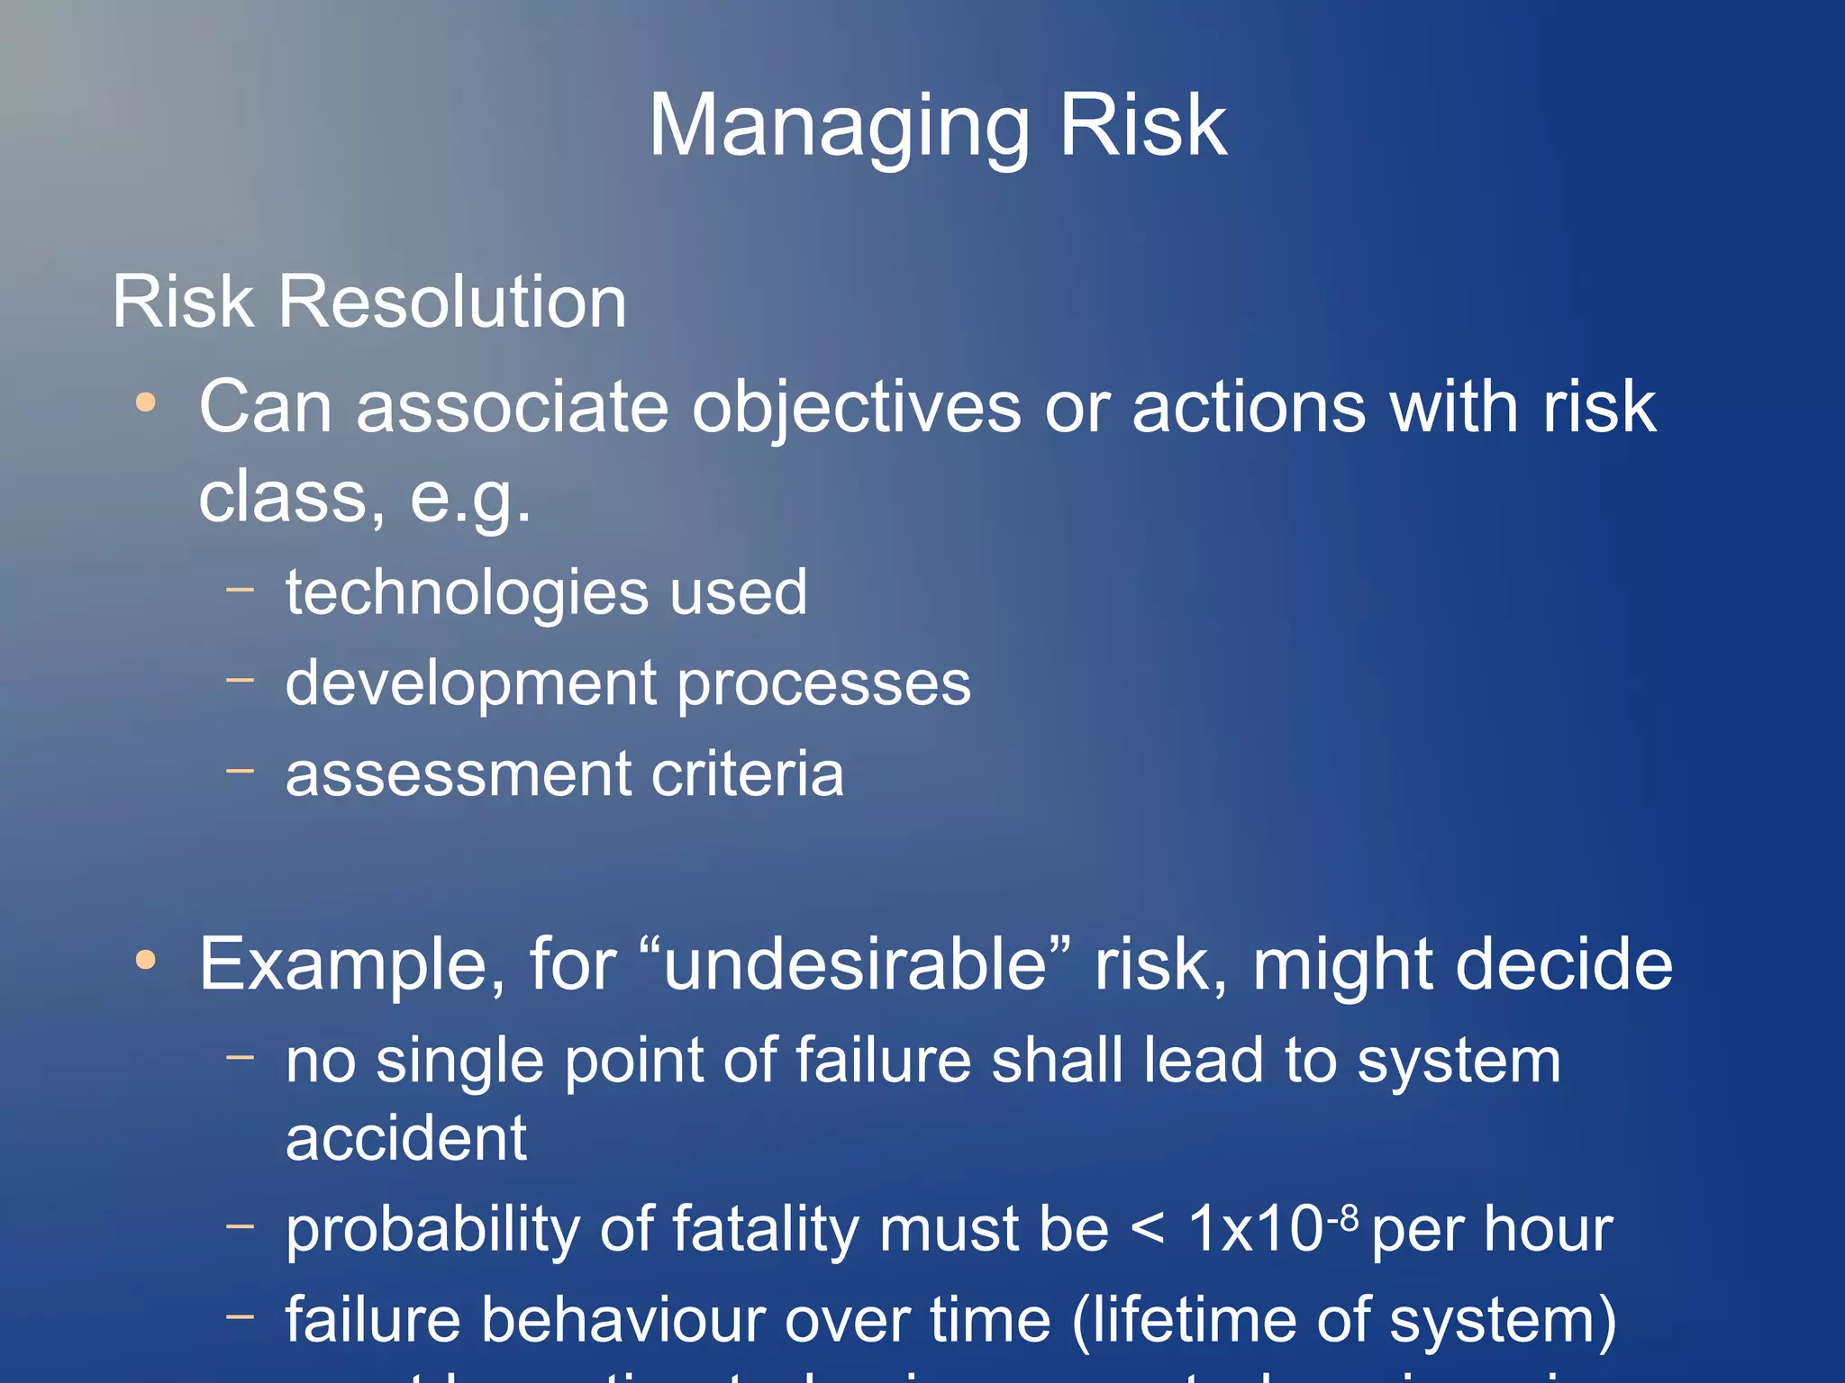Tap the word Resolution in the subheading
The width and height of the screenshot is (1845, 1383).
click(x=451, y=302)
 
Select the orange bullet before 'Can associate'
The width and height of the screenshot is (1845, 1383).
click(x=145, y=402)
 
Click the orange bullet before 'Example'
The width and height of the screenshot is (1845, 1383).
click(x=145, y=960)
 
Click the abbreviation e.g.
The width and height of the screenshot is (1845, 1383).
click(x=469, y=498)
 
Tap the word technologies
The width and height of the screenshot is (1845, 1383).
click(x=468, y=593)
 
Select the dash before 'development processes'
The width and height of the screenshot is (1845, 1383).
click(x=241, y=681)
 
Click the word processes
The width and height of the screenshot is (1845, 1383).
click(x=823, y=684)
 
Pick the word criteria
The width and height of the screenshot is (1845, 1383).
click(x=747, y=774)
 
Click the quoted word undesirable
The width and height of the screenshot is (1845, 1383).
click(x=867, y=964)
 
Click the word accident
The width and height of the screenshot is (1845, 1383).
click(x=405, y=1138)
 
